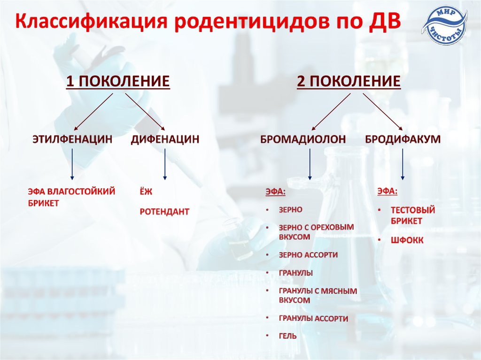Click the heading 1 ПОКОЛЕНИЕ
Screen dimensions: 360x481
pyautogui.click(x=117, y=82)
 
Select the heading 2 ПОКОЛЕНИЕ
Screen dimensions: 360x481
pyautogui.click(x=349, y=82)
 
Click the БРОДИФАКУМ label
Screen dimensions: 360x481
pyautogui.click(x=403, y=139)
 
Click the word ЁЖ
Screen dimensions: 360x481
pyautogui.click(x=146, y=191)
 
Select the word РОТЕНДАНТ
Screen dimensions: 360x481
pyautogui.click(x=164, y=212)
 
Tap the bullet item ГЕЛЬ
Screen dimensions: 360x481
pyautogui.click(x=287, y=337)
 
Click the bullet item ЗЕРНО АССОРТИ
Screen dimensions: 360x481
pyautogui.click(x=308, y=255)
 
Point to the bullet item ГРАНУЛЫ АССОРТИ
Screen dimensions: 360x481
pyautogui.click(x=313, y=319)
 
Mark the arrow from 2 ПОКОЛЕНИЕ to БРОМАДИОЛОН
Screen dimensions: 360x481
pyautogui.click(x=331, y=111)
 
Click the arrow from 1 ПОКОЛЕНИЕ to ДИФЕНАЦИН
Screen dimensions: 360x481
pyautogui.click(x=145, y=111)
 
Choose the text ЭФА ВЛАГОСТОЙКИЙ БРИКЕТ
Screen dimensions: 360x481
pyautogui.click(x=71, y=197)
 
